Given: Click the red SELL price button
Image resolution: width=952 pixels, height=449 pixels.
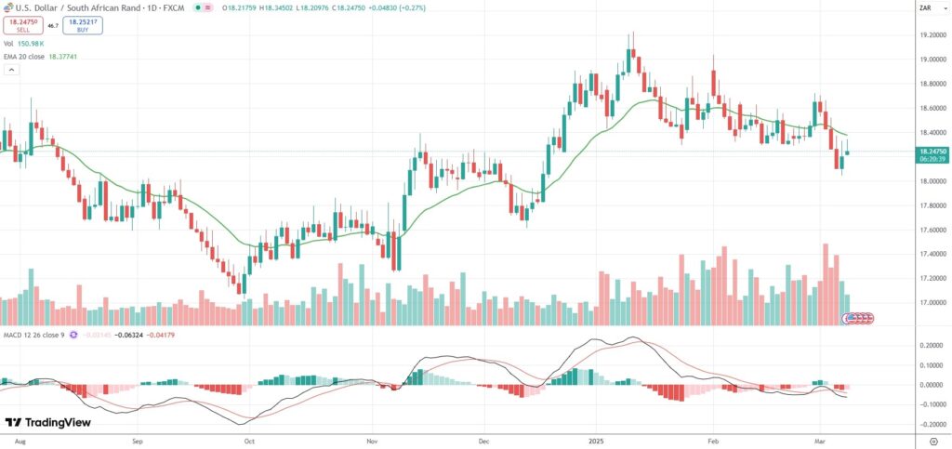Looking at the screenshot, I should point(22,26).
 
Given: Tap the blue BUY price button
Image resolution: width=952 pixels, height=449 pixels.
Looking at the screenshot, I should point(84,26).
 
